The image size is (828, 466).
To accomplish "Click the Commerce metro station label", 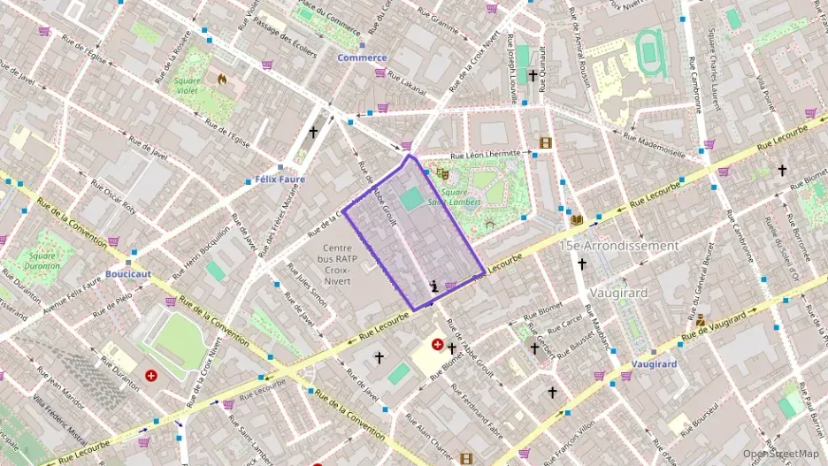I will click(x=362, y=57).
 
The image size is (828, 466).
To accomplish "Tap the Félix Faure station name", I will click(x=279, y=179).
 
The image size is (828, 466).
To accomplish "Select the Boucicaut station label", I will click(x=128, y=274).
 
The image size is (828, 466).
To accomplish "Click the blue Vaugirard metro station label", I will click(x=655, y=364).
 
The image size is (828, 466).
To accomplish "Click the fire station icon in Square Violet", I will click(x=222, y=79).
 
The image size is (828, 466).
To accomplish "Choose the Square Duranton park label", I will click(x=42, y=261).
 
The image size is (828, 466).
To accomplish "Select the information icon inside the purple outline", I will click(x=433, y=285).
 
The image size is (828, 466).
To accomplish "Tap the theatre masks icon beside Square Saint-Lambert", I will click(x=442, y=174).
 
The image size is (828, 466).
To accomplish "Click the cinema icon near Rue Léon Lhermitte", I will click(x=545, y=143).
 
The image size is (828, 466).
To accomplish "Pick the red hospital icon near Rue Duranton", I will click(x=151, y=376).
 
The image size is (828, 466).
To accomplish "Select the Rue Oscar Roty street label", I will click(x=116, y=196).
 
